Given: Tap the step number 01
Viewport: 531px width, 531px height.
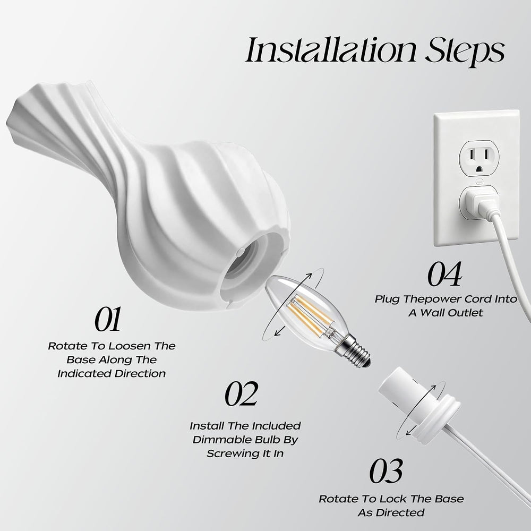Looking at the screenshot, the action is pyautogui.click(x=107, y=319).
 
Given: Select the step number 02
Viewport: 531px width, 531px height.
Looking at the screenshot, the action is pyautogui.click(x=242, y=393).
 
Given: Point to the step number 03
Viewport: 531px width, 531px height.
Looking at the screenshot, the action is pyautogui.click(x=386, y=470).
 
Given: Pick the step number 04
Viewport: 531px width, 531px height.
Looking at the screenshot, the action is pyautogui.click(x=444, y=273).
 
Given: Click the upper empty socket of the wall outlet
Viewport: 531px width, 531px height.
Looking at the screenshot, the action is pyautogui.click(x=478, y=158).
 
